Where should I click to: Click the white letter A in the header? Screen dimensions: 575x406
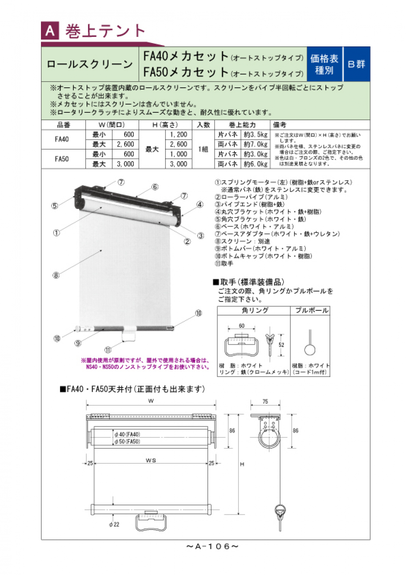[50, 31]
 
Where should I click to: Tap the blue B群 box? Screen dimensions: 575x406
[357, 64]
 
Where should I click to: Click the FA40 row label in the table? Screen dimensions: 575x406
[62, 139]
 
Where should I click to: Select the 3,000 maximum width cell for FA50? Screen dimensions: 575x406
[125, 164]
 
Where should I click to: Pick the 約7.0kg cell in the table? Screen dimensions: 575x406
[255, 144]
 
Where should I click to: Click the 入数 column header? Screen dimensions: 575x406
[203, 125]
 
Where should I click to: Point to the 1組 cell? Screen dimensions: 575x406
[203, 149]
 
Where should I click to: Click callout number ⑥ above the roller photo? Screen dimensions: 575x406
[155, 187]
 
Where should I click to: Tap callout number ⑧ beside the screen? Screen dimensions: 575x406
[56, 275]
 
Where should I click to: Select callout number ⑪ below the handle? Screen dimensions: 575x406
[108, 350]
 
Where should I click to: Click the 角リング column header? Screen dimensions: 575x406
[255, 310]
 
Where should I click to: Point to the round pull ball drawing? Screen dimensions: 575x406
[310, 349]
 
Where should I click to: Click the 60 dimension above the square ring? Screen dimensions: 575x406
[242, 326]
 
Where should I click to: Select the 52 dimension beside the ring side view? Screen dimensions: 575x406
[281, 345]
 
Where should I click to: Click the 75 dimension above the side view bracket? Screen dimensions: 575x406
[265, 402]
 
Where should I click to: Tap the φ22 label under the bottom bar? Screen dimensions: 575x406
[114, 525]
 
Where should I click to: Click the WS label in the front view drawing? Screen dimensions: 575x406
[151, 460]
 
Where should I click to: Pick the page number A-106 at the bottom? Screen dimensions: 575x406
[212, 546]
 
